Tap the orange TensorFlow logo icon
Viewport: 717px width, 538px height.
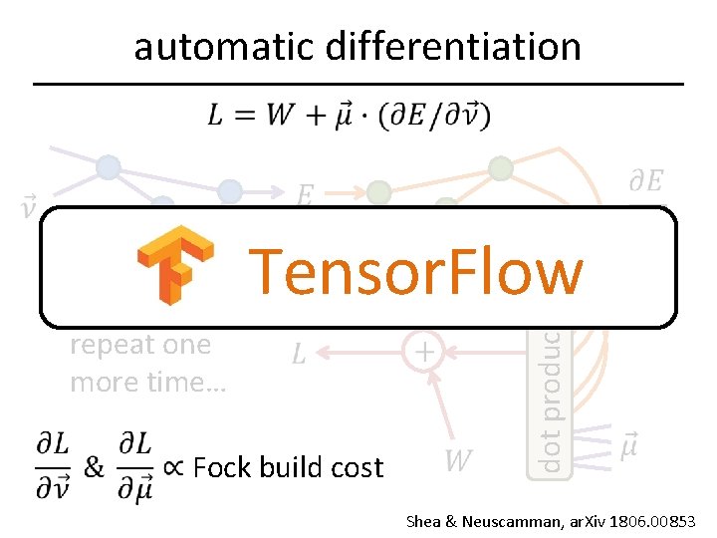pos(175,265)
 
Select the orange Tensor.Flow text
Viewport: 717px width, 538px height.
pos(415,271)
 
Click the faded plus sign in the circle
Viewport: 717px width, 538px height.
pos(424,352)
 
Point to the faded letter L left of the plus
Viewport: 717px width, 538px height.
pos(299,354)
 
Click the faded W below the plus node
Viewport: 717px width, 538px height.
pos(457,460)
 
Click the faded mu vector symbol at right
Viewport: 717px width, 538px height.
pos(629,445)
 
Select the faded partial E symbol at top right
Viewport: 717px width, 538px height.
pos(645,181)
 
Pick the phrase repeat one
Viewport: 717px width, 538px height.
pos(140,345)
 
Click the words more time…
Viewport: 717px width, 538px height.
pos(148,382)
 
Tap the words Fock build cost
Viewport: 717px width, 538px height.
pos(288,467)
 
